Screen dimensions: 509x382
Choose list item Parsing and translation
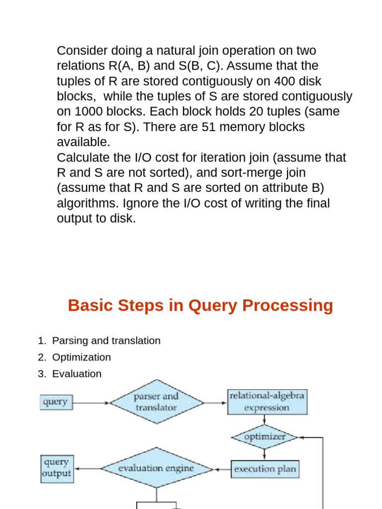tap(106, 340)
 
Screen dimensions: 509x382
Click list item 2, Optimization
tap(81, 357)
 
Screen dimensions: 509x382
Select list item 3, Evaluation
tap(77, 373)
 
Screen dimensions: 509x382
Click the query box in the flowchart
tap(56, 402)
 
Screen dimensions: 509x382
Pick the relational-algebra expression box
tap(267, 402)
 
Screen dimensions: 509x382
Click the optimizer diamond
tap(264, 437)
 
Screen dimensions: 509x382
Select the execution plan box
tap(265, 469)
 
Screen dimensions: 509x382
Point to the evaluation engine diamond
tap(157, 468)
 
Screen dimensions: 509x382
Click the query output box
tap(56, 468)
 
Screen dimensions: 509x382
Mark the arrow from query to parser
tap(91, 402)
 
